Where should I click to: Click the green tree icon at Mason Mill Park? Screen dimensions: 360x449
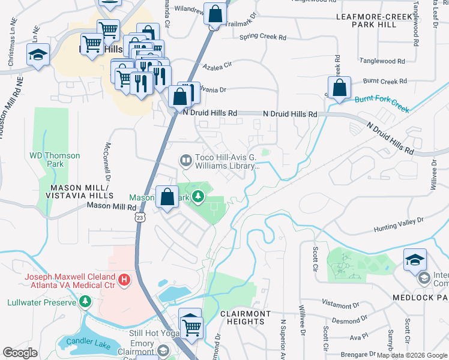(x=198, y=197)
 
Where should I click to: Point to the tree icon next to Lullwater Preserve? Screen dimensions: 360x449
(x=85, y=301)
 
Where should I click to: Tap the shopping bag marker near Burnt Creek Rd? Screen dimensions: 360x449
(x=339, y=88)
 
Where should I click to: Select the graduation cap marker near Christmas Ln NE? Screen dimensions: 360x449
(x=38, y=55)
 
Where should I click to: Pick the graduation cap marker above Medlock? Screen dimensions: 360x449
(x=415, y=260)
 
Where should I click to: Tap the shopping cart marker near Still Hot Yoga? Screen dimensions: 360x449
(x=191, y=327)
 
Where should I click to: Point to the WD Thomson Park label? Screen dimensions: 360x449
(x=55, y=160)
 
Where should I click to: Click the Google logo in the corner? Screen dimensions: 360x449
(x=20, y=353)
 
